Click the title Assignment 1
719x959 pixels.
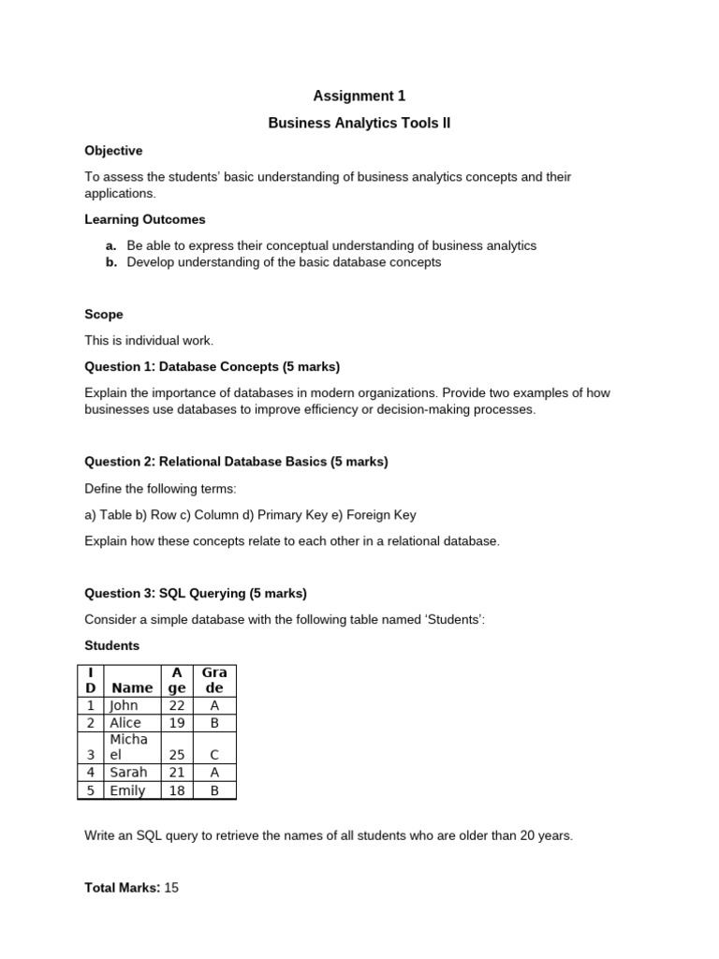click(x=359, y=96)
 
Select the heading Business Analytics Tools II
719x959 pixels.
click(x=359, y=123)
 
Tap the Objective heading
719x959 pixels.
click(x=113, y=150)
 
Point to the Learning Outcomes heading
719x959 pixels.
click(x=145, y=219)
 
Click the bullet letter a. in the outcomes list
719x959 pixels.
click(x=111, y=245)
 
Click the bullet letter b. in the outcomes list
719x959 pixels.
click(x=111, y=262)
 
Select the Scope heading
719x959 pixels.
click(x=104, y=315)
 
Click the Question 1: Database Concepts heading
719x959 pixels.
click(x=213, y=366)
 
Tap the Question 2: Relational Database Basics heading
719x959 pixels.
click(x=236, y=462)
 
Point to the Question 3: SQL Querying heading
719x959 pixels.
click(x=196, y=593)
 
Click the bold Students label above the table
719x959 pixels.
click(x=111, y=645)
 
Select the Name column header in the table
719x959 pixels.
click(x=132, y=687)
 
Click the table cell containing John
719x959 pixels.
click(x=124, y=706)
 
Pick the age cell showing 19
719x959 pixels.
click(x=177, y=723)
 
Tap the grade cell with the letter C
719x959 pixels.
click(x=214, y=754)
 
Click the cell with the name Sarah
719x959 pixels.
click(x=128, y=773)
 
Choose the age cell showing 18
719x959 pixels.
click(x=177, y=790)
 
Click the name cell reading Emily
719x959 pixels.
click(x=127, y=790)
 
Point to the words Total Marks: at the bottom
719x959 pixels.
click(x=122, y=887)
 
